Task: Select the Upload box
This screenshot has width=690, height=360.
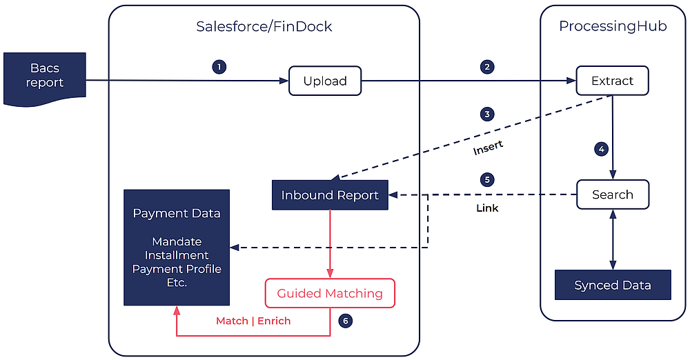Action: coord(325,81)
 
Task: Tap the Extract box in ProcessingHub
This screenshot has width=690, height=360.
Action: coord(612,81)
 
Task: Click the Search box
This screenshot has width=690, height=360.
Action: coord(612,194)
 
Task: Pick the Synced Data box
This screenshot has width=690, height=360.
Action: coord(613,285)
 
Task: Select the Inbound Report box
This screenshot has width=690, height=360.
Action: coord(330,195)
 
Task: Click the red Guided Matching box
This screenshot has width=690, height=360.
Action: coord(330,293)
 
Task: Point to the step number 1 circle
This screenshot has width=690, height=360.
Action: coord(219,67)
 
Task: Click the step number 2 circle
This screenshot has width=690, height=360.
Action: coord(487,67)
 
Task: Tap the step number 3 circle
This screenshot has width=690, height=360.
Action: coord(487,114)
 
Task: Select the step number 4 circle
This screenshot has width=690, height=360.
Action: coord(601,149)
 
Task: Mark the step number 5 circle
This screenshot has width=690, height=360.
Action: coord(487,179)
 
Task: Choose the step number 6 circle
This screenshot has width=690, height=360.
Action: coord(346,321)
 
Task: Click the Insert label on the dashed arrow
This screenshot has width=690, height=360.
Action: coord(488,148)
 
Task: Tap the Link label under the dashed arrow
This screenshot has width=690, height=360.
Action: coord(487,208)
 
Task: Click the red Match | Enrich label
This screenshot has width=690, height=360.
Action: coord(253,321)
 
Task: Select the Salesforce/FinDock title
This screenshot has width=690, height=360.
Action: coord(264,27)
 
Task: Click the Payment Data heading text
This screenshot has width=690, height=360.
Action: coord(177,213)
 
